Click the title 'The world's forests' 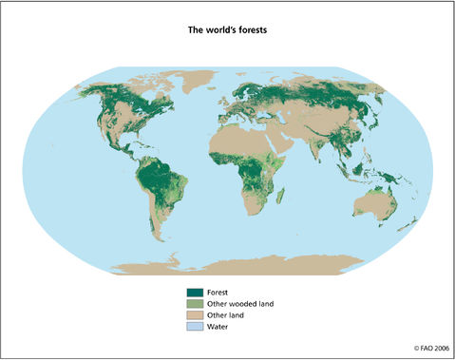click(x=226, y=30)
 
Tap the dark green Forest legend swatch click(x=195, y=293)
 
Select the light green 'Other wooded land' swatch click(x=195, y=304)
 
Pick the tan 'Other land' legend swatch click(x=195, y=315)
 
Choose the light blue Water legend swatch click(x=195, y=327)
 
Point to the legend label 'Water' click(x=218, y=327)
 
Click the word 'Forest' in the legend click(x=218, y=293)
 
